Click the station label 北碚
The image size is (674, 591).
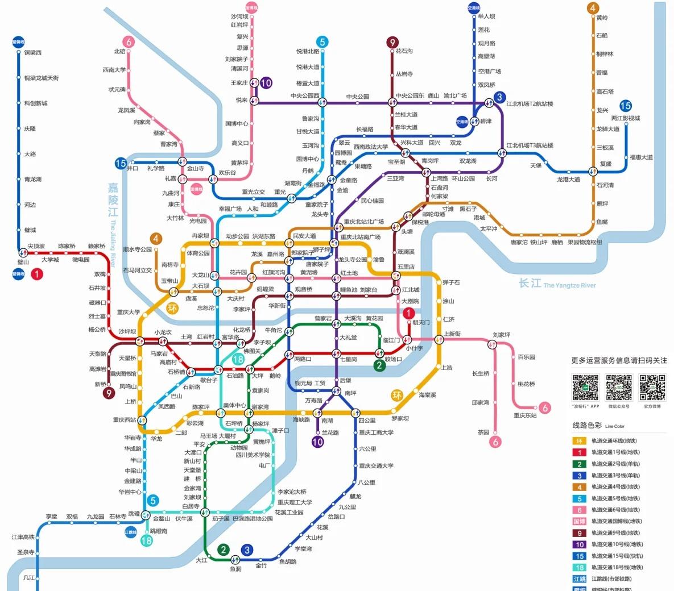(119, 51)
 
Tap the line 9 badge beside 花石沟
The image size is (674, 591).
(392, 43)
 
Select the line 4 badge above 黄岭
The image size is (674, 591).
(593, 8)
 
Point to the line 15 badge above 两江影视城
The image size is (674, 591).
(626, 106)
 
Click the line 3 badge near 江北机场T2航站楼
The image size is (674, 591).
(499, 97)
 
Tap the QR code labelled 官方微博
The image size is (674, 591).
(652, 387)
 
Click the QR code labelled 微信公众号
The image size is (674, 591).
(618, 387)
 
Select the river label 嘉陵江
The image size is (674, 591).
(113, 199)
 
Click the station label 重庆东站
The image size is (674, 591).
(525, 415)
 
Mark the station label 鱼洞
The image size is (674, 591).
(235, 568)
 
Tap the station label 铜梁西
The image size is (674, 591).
(33, 53)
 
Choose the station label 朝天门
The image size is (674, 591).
(421, 322)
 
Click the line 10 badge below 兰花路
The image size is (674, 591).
(317, 442)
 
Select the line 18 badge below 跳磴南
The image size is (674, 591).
(146, 540)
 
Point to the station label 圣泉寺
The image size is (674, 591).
(26, 552)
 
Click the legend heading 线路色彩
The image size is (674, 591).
(586, 426)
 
